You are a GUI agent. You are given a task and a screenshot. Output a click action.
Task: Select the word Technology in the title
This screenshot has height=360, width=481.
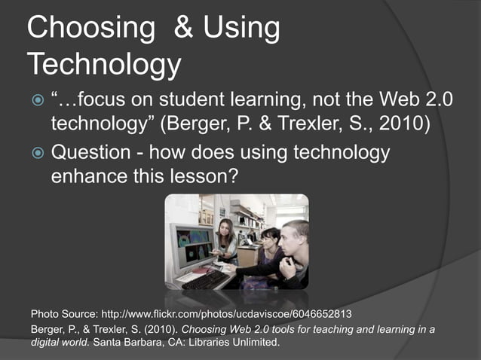point(104,66)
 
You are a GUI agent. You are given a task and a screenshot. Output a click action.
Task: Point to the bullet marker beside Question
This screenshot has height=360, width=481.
point(35,154)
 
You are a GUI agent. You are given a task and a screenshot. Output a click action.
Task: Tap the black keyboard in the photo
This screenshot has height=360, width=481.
point(204,279)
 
